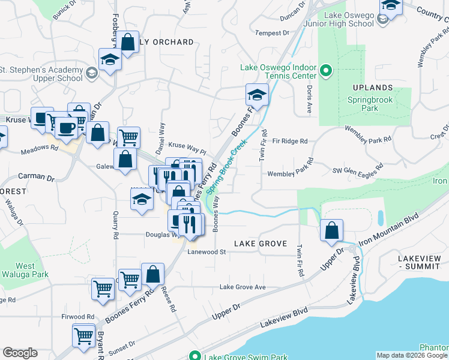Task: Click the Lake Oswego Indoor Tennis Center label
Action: (278, 71)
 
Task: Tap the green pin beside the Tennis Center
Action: (326, 71)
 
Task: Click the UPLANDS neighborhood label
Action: (378, 88)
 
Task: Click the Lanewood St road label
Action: (206, 253)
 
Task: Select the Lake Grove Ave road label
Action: (243, 287)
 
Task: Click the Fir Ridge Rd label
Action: (290, 142)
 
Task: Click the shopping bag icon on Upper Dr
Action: (331, 230)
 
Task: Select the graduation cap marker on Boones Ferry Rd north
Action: (256, 95)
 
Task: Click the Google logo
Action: (20, 353)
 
